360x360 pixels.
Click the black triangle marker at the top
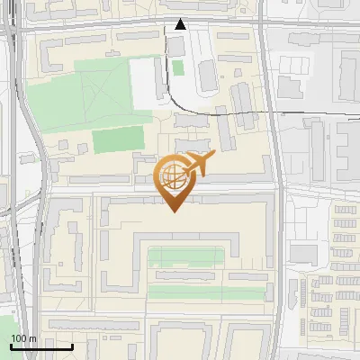coord(180,24)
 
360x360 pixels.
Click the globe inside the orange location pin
coord(173,178)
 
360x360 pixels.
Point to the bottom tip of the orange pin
coord(174,211)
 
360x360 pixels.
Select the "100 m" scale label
coord(23,338)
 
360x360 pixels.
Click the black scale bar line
coord(41,346)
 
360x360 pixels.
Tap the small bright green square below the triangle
coord(178,67)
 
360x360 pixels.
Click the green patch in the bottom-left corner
coord(7,329)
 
